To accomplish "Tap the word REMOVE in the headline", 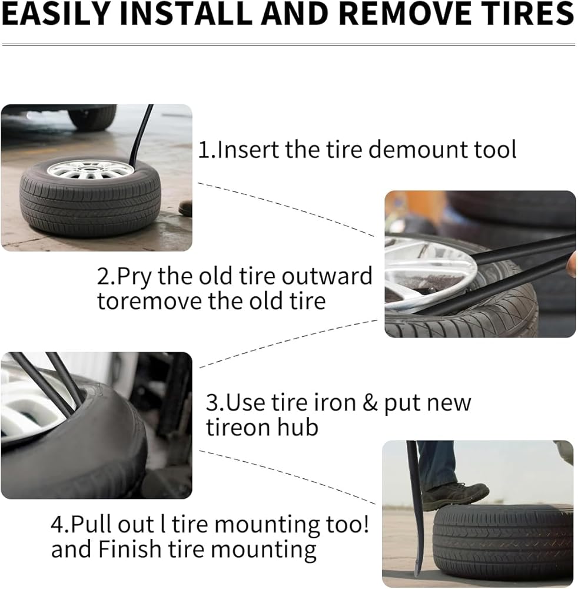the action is (x=404, y=14).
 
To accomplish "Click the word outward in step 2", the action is (x=327, y=276).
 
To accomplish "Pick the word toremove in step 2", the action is (x=150, y=301).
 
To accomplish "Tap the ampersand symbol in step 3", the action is (x=370, y=403).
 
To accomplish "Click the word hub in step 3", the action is (x=297, y=428).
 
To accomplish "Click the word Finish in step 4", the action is (x=130, y=549).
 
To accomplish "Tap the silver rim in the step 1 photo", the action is (x=91, y=170).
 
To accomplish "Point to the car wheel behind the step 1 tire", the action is (x=92, y=117).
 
